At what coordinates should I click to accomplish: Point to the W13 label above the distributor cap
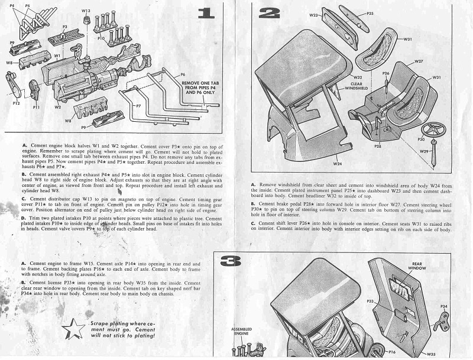pyautogui.click(x=86, y=11)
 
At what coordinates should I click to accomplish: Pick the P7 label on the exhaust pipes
pyautogui.click(x=138, y=105)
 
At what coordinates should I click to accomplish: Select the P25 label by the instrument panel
pyautogui.click(x=370, y=13)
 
